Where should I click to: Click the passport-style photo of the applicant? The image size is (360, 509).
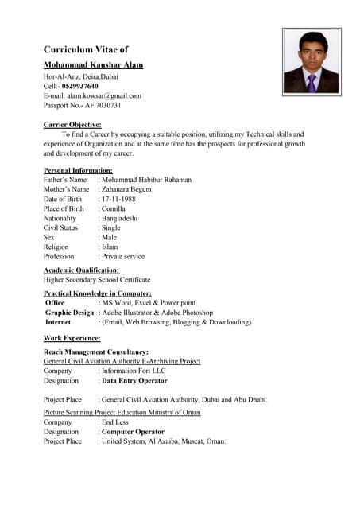pos(312,62)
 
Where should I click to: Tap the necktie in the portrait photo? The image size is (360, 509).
pos(312,83)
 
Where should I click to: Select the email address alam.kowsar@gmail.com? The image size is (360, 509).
pos(104,95)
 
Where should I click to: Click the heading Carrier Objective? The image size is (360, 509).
pos(72,125)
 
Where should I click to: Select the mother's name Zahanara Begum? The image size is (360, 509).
pos(127,189)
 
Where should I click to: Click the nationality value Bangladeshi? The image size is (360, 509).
pos(119,218)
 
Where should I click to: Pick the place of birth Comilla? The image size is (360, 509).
pos(115,208)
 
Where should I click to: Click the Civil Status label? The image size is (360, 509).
pos(60,227)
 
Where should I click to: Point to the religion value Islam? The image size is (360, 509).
pos(110,247)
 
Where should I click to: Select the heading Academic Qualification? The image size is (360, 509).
pos(81,270)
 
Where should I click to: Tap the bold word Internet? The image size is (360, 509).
pos(58,322)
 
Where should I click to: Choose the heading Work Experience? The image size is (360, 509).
pos(72,338)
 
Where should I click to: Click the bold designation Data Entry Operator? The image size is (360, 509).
pos(134,381)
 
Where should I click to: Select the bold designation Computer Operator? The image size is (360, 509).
pos(132,432)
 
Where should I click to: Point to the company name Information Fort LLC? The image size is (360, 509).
pos(134,371)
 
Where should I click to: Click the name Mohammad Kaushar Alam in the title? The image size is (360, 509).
pos(93,64)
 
